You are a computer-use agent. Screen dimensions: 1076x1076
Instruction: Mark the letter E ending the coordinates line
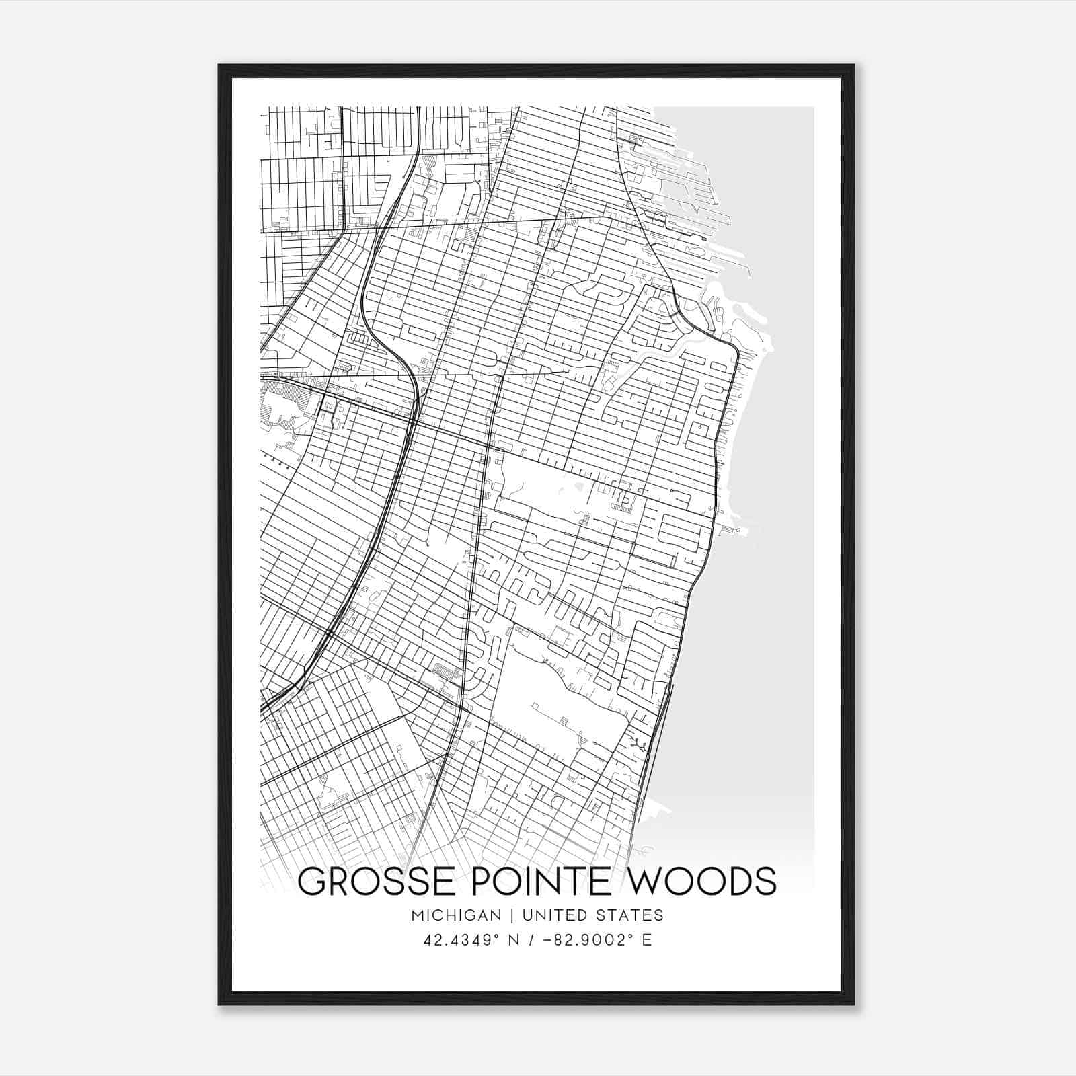click(x=647, y=940)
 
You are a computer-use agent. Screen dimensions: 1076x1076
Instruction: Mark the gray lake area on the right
click(x=773, y=639)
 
